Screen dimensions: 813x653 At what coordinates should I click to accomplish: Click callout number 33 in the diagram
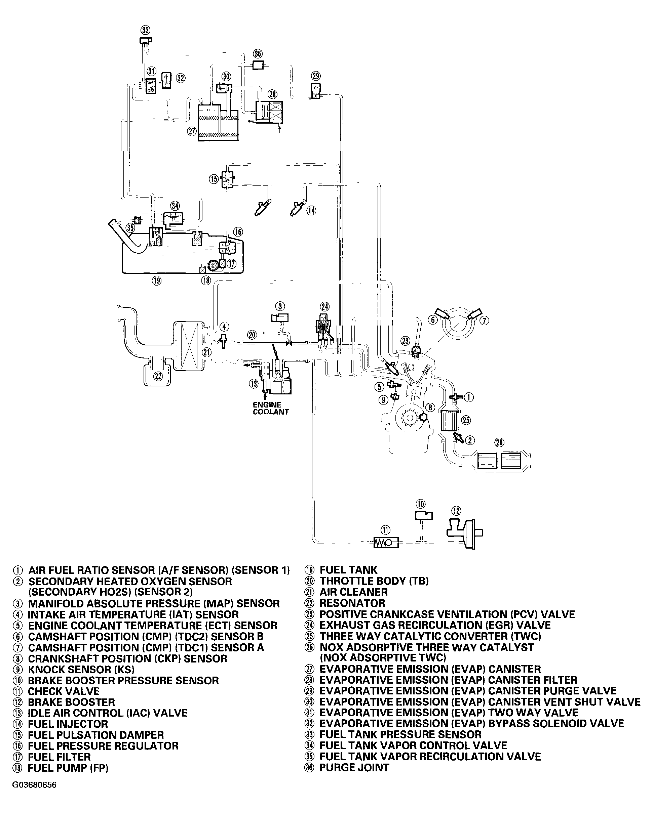tap(145, 30)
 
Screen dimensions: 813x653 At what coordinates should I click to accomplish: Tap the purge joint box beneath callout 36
tap(258, 65)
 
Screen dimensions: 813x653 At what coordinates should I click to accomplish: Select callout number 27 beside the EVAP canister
tap(192, 131)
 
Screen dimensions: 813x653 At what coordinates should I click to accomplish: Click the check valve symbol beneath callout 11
tap(386, 543)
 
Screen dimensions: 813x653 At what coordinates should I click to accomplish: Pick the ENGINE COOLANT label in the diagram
tap(270, 409)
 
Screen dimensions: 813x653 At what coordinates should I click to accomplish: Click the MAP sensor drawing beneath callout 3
tap(280, 317)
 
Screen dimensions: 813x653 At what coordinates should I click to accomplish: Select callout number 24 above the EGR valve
tap(324, 306)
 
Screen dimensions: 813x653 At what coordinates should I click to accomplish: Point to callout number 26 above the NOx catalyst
tap(499, 442)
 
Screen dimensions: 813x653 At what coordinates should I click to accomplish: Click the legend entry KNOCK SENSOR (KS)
tap(81, 669)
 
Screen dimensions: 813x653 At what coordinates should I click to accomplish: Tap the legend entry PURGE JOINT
tap(354, 767)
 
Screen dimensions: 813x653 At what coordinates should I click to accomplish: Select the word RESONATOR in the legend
tap(352, 603)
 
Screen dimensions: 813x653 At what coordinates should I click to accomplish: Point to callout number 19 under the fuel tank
tap(157, 281)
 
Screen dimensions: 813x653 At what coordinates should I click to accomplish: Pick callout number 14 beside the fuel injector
tap(311, 210)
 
